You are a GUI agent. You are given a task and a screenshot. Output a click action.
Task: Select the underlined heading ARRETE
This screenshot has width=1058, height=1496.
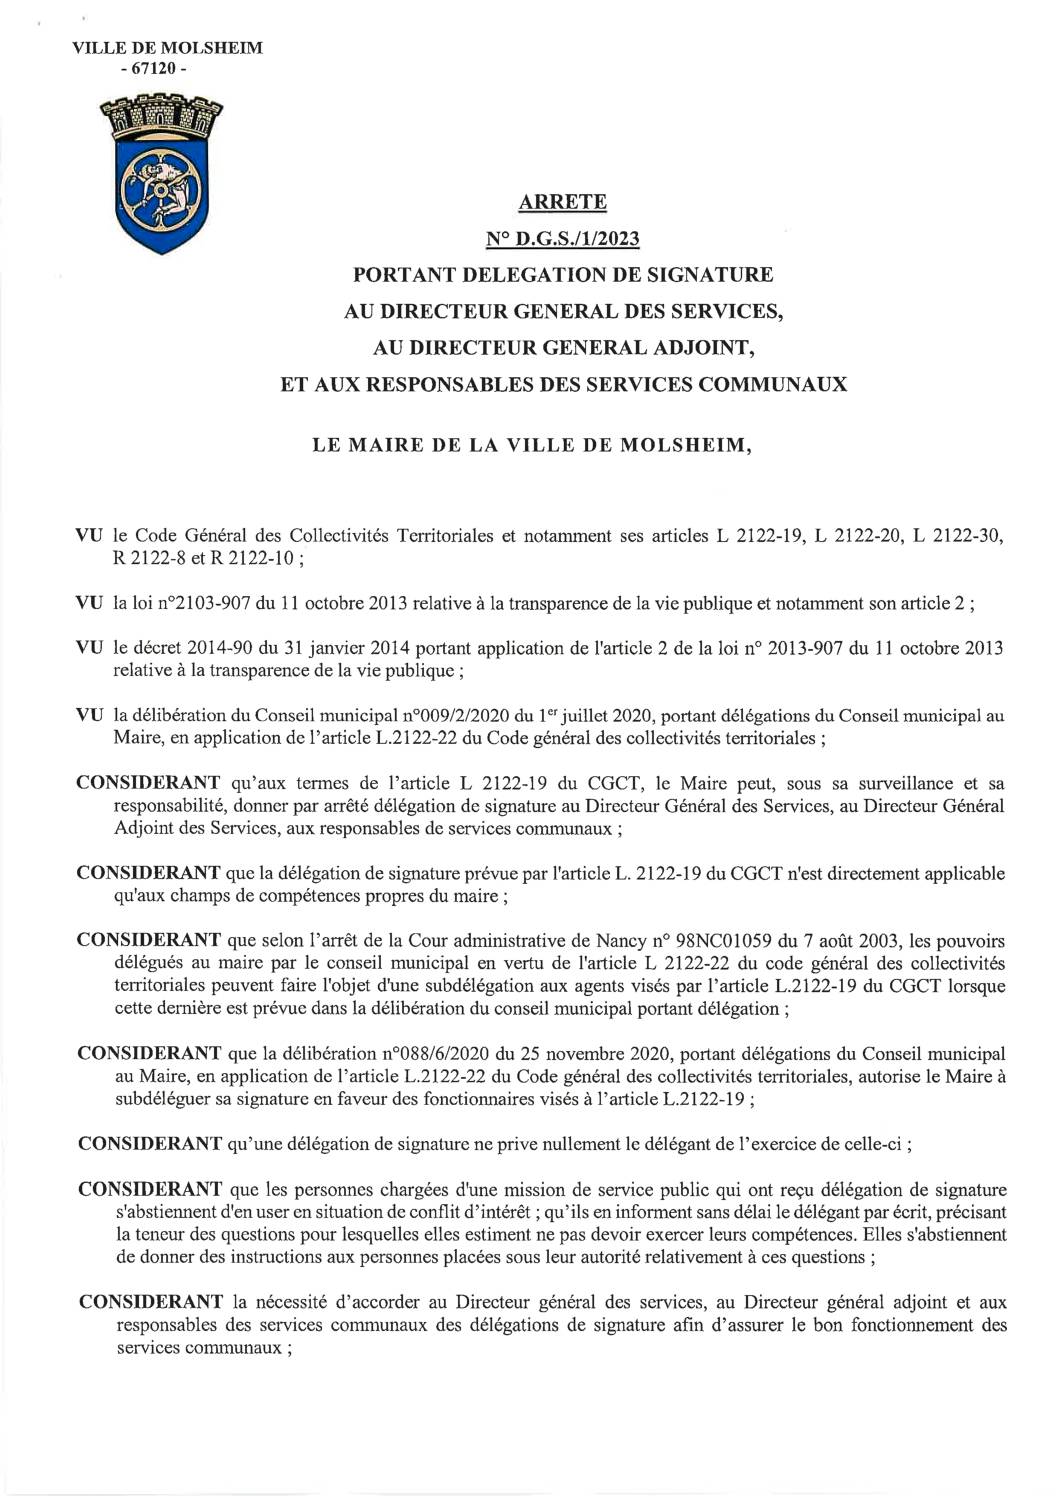click(562, 202)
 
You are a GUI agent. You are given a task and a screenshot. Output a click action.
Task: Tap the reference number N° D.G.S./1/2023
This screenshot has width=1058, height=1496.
click(562, 239)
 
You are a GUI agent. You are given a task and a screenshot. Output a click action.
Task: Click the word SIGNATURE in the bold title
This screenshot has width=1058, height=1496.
click(702, 274)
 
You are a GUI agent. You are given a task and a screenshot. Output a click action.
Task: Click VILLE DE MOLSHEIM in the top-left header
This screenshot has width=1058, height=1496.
click(168, 48)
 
